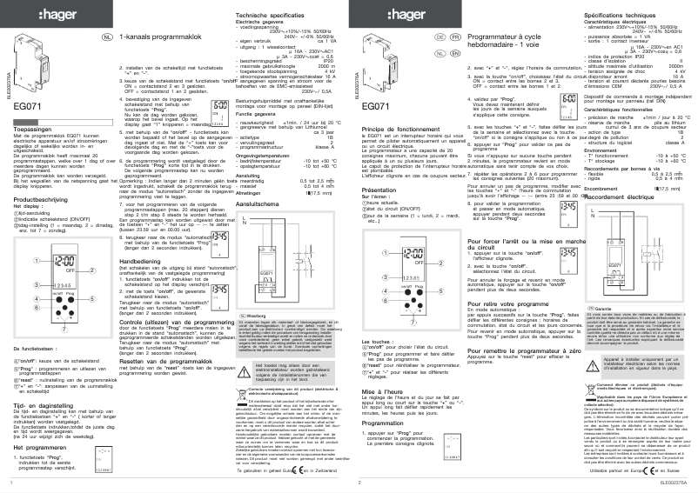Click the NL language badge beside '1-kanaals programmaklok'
[x=108, y=39]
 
